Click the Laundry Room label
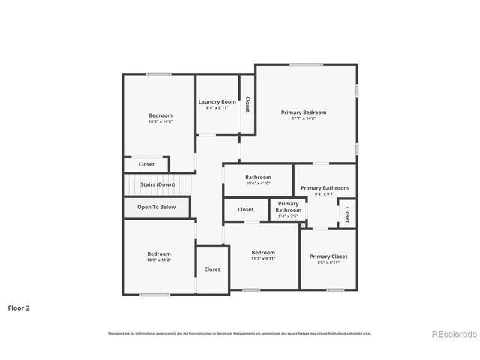217,101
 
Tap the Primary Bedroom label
304,112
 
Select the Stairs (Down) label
157,184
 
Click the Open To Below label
157,207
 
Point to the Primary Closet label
328,256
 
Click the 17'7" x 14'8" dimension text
304,118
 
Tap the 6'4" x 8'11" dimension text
217,107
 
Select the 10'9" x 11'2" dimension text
159,259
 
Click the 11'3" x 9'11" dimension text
263,259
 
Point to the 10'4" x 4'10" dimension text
258,184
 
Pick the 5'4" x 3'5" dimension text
289,217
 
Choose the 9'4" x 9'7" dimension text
325,194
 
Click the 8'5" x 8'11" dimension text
328,262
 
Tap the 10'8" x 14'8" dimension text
160,121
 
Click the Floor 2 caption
19,307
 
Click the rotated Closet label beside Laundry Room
247,104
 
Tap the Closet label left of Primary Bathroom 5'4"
246,210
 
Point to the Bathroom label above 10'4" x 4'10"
258,178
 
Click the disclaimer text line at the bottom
239,333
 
